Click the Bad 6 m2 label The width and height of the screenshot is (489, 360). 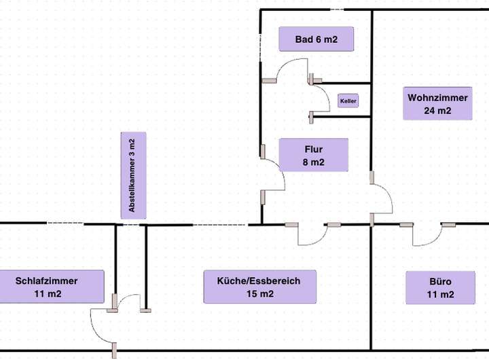pyautogui.click(x=316, y=39)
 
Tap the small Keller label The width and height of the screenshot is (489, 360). pyautogui.click(x=348, y=101)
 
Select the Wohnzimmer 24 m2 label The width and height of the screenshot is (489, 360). pyautogui.click(x=437, y=104)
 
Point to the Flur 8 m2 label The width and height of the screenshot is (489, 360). pyautogui.click(x=313, y=155)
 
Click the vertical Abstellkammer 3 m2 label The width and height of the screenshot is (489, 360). pyautogui.click(x=132, y=175)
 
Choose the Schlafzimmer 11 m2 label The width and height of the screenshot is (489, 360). pyautogui.click(x=47, y=287)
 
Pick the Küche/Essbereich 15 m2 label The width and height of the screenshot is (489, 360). pyautogui.click(x=259, y=287)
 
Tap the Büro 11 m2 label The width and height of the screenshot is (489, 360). pyautogui.click(x=440, y=287)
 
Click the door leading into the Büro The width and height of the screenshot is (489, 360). pyautogui.click(x=428, y=236)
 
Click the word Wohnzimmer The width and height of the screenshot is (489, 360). pyautogui.click(x=437, y=98)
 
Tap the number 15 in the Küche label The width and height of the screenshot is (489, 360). pyautogui.click(x=251, y=293)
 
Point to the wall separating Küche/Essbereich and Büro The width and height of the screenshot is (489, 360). pyautogui.click(x=371, y=292)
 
